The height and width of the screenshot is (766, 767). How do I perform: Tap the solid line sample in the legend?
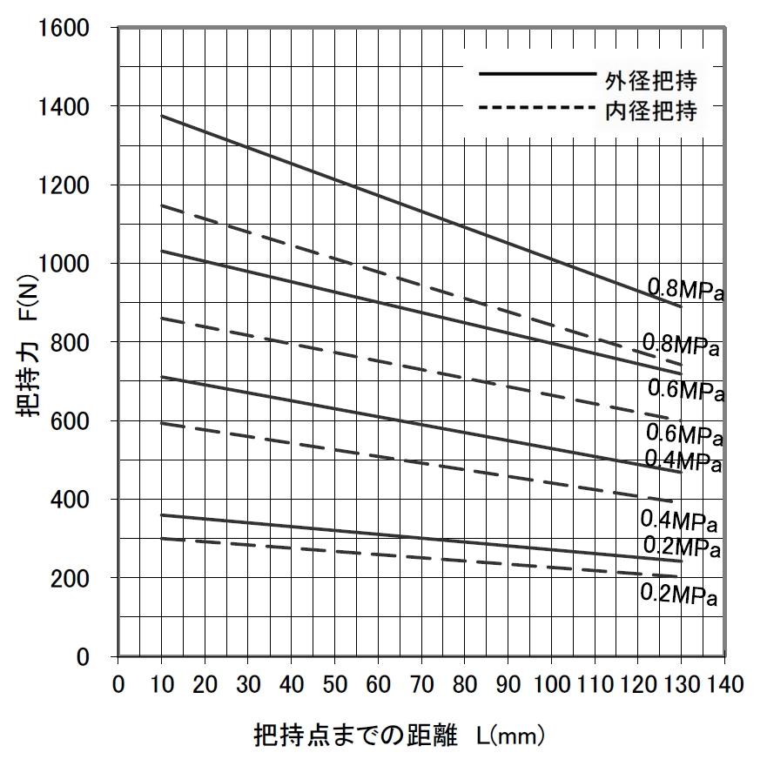coord(535,75)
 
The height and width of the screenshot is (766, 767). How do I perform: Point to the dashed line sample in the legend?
coord(535,107)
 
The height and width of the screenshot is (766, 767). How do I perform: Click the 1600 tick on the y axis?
coord(64,29)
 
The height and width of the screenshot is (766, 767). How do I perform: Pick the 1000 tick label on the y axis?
coord(64,264)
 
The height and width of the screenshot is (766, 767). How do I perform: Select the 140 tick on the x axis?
coord(725,684)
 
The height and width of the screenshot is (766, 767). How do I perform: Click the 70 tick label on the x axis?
coord(421,684)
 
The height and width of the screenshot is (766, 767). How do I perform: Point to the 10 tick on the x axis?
coord(161,684)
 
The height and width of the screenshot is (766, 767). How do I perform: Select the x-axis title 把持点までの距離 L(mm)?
coord(400,736)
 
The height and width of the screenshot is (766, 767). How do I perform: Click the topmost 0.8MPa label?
coord(686,289)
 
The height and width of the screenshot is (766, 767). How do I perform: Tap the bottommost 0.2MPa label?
coord(679,595)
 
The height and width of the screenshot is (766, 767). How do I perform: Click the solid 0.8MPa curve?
coord(421,212)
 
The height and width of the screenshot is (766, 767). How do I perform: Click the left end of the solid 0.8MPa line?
coord(162,116)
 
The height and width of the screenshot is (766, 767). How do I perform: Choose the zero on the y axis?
coord(83,657)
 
